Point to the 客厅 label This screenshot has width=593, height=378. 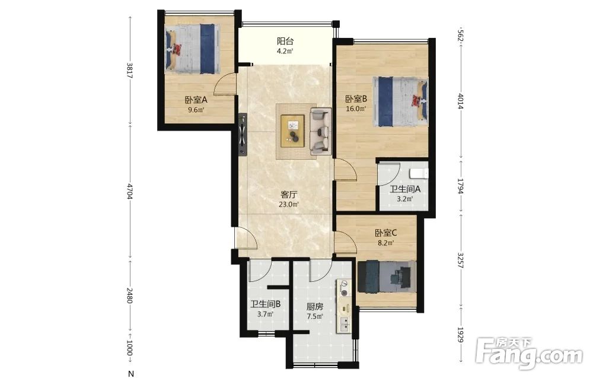coord(289,195)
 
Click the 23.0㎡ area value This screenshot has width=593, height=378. coord(289,205)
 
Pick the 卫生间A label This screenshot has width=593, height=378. coord(406,189)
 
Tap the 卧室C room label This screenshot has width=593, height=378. coord(386,233)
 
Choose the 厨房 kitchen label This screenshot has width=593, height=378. coord(315,307)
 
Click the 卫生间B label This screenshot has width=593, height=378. coord(265,304)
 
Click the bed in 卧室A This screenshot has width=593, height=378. coord(193,49)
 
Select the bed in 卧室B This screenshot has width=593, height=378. coord(400,101)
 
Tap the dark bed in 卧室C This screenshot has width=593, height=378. coord(387,277)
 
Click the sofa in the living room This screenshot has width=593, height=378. coord(321,131)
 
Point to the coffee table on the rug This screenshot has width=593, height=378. coord(292,129)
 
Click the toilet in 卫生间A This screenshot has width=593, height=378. coord(419,173)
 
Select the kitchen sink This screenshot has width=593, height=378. coord(345,324)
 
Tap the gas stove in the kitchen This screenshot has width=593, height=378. coord(345,288)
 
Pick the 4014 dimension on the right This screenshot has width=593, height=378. coord(460,101)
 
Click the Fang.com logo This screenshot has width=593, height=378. coord(529,354)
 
